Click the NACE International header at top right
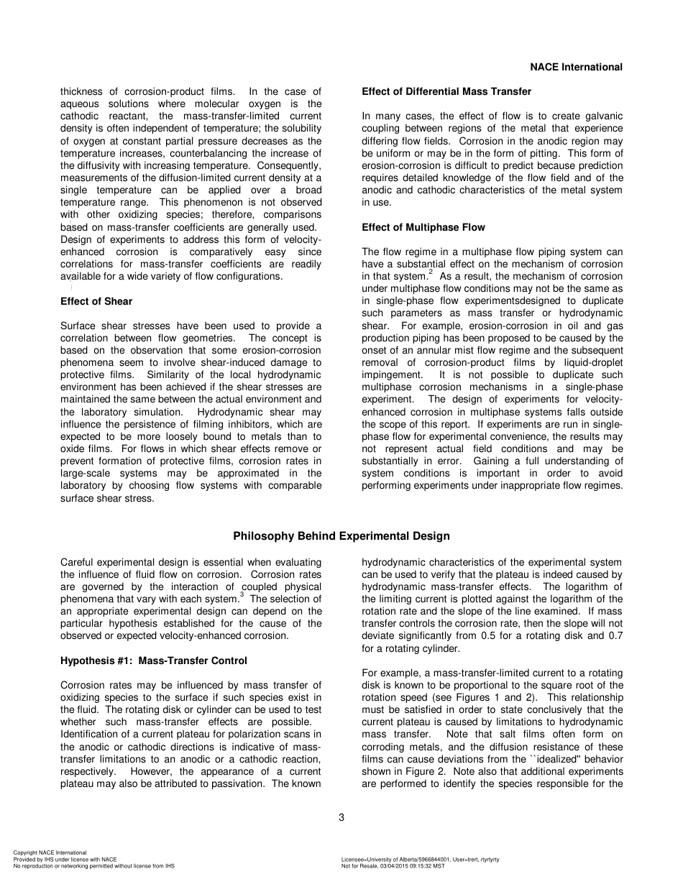[x=576, y=67]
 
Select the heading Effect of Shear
[x=96, y=301]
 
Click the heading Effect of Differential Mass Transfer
[x=446, y=91]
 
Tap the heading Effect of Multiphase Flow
[x=423, y=227]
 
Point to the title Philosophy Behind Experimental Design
[x=341, y=536]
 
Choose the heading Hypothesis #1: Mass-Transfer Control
[x=154, y=660]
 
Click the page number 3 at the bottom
[x=341, y=817]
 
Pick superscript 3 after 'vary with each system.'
[x=242, y=596]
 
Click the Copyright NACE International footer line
[x=50, y=853]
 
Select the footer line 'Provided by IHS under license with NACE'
[x=65, y=860]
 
